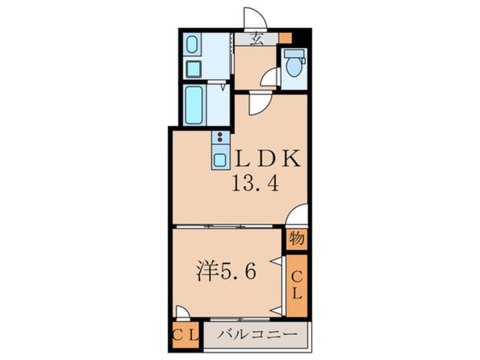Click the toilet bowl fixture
[x=294, y=66]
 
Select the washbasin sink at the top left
[x=193, y=45]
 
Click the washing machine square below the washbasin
[x=193, y=69]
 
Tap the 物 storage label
[x=296, y=238]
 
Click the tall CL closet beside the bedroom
[x=297, y=285]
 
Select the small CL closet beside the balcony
[x=185, y=334]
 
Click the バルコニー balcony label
[x=257, y=334]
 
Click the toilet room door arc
[x=271, y=78]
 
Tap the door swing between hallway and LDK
[x=258, y=104]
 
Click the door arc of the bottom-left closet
[x=183, y=313]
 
